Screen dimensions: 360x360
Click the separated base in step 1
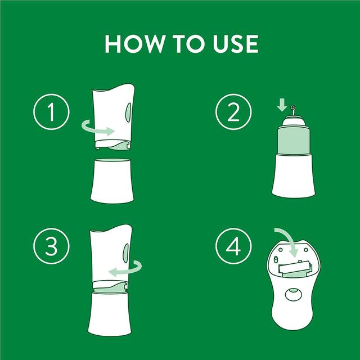pos(112,179)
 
